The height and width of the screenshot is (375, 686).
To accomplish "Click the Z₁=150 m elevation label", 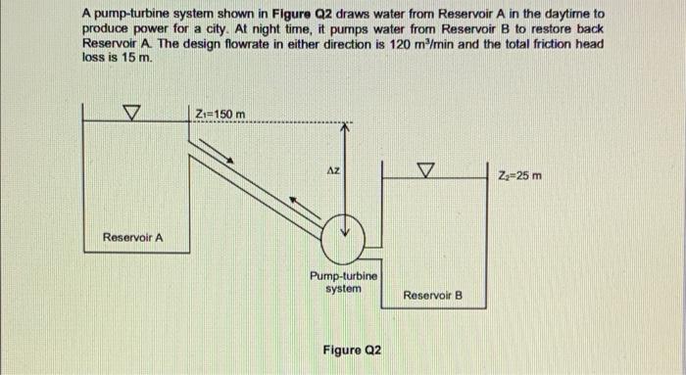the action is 220,116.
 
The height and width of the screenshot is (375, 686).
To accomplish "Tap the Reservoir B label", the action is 431,295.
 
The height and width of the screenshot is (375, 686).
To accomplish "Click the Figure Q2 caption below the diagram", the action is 351,350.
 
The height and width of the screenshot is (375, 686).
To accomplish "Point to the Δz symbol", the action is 333,169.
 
